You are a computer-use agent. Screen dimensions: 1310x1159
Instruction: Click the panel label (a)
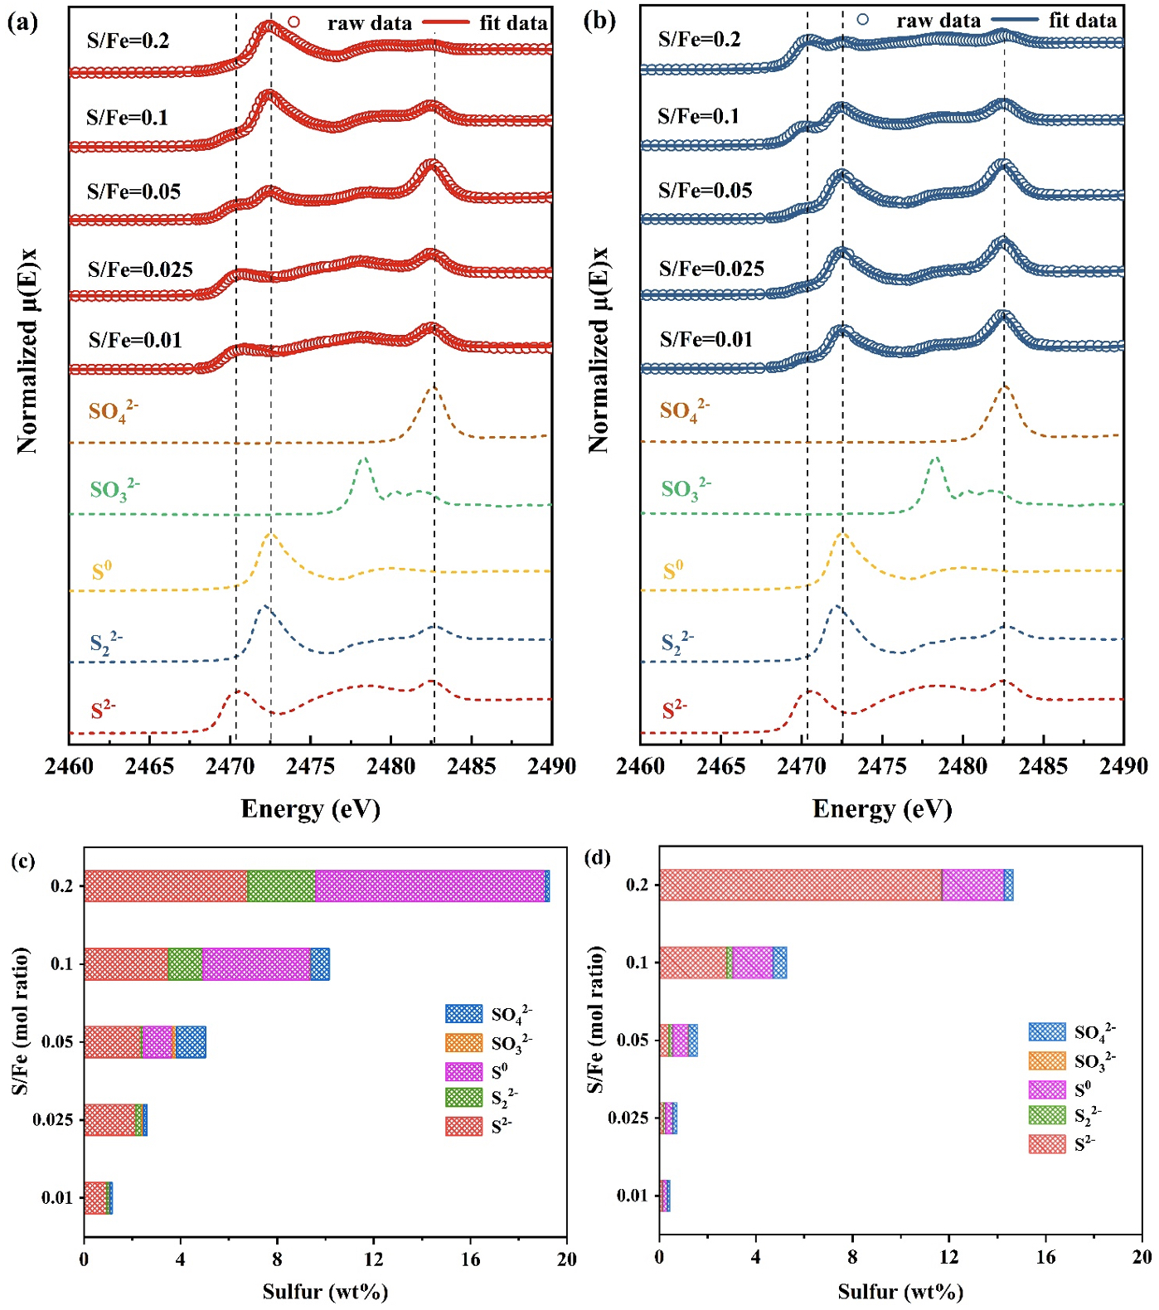pyautogui.click(x=22, y=22)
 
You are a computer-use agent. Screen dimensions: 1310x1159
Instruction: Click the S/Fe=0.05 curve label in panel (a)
pyautogui.click(x=133, y=192)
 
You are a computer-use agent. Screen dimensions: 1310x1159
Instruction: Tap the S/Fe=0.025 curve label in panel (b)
pyautogui.click(x=711, y=269)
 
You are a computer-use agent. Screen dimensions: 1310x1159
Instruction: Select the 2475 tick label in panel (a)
pyautogui.click(x=310, y=766)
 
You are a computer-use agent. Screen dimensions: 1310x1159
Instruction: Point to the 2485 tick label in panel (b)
pyautogui.click(x=1043, y=766)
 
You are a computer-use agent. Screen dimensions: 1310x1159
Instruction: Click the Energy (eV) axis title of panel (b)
pyautogui.click(x=882, y=809)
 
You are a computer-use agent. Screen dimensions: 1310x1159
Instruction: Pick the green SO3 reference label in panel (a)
pyautogui.click(x=114, y=490)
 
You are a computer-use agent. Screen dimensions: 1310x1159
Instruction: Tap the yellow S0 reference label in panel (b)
pyautogui.click(x=673, y=570)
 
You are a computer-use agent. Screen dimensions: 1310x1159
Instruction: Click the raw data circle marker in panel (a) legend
pyautogui.click(x=293, y=22)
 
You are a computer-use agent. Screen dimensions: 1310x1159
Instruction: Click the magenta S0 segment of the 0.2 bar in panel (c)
pyautogui.click(x=429, y=885)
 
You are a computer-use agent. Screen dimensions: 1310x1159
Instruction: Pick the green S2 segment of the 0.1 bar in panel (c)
pyautogui.click(x=185, y=963)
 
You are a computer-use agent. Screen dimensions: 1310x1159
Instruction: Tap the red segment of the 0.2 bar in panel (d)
pyautogui.click(x=800, y=885)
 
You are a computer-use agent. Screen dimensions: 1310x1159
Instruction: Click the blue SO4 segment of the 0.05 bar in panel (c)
pyautogui.click(x=191, y=1041)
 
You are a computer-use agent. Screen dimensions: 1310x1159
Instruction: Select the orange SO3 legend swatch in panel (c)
pyautogui.click(x=463, y=1043)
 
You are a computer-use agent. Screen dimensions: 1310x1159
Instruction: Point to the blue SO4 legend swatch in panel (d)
pyautogui.click(x=1047, y=1031)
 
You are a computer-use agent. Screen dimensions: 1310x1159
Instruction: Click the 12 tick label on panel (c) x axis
pyautogui.click(x=374, y=1259)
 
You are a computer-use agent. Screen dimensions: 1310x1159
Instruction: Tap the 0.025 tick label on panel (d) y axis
pyautogui.click(x=628, y=1118)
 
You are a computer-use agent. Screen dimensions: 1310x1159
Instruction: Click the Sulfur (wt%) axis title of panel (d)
pyautogui.click(x=900, y=1292)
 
